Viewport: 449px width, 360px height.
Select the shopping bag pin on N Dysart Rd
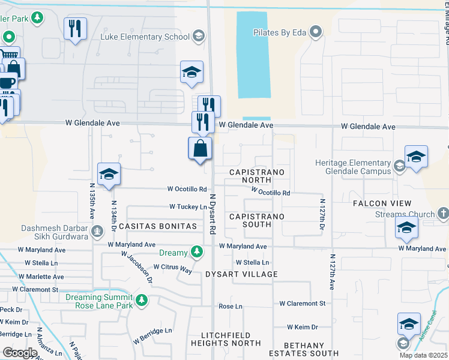click(200, 148)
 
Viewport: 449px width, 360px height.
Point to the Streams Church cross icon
click(443, 213)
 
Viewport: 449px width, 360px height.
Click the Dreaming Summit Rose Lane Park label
click(99, 301)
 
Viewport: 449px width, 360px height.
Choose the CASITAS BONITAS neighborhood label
click(158, 226)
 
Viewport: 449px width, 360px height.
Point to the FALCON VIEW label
click(379, 203)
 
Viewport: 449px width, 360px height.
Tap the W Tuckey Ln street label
click(188, 206)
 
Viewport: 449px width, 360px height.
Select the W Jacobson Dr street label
click(137, 266)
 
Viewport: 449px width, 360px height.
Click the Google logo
click(19, 353)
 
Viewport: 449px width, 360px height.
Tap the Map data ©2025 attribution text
click(424, 355)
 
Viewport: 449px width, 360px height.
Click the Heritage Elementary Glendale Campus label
click(354, 167)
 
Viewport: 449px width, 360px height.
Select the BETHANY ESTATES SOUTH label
click(295, 350)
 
